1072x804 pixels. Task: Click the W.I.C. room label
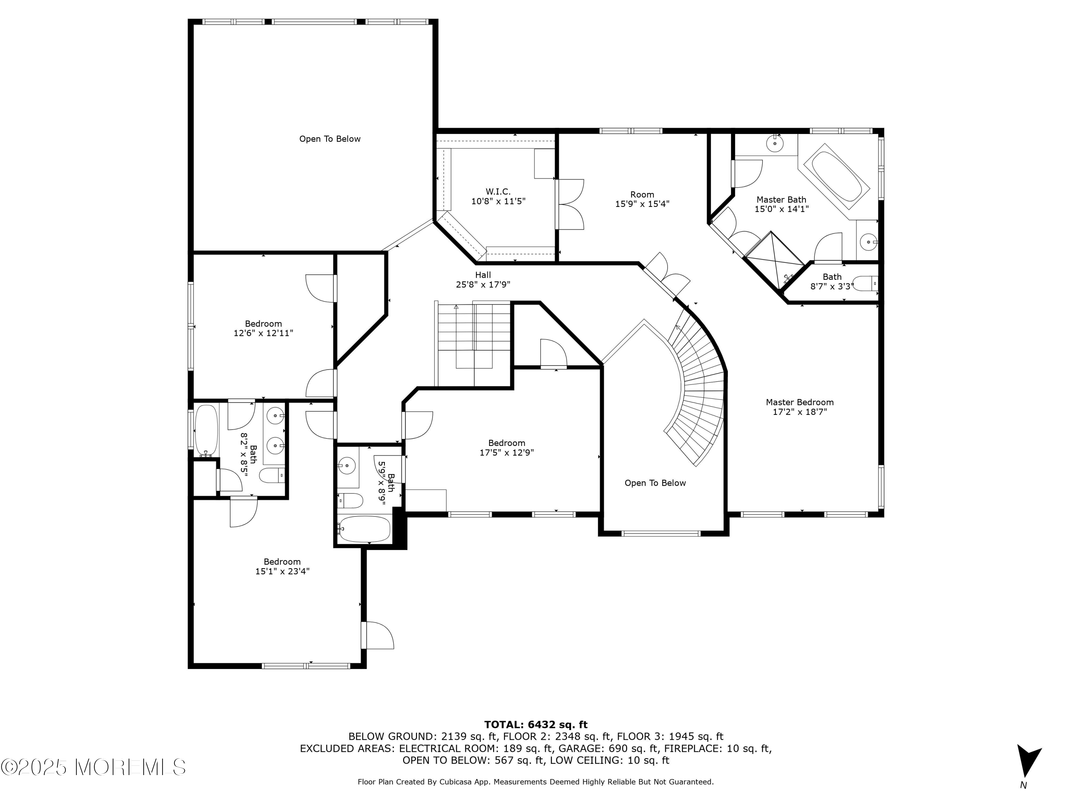coord(498,192)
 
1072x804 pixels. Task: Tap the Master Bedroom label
coord(800,402)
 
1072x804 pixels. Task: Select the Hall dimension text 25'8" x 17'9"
coord(483,284)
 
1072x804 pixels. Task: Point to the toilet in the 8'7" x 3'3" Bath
coord(865,283)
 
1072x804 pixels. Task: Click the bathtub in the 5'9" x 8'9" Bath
coord(364,529)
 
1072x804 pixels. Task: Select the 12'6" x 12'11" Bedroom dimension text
coord(264,333)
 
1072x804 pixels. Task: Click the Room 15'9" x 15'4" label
coord(642,199)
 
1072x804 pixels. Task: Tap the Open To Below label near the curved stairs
coord(655,483)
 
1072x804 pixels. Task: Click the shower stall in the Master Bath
coord(774,255)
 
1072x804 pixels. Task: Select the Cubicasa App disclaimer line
coord(536,782)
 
